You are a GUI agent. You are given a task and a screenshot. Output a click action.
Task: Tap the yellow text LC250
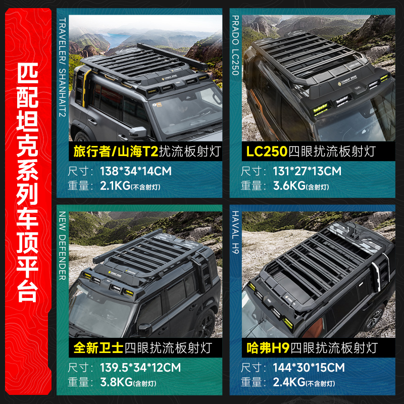pyautogui.click(x=266, y=150)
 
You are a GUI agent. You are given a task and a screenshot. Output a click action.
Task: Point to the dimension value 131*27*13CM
pyautogui.click(x=307, y=171)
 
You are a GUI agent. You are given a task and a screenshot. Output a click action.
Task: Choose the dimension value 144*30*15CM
pyautogui.click(x=309, y=367)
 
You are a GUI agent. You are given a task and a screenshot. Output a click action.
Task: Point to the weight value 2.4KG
pyautogui.click(x=289, y=382)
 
